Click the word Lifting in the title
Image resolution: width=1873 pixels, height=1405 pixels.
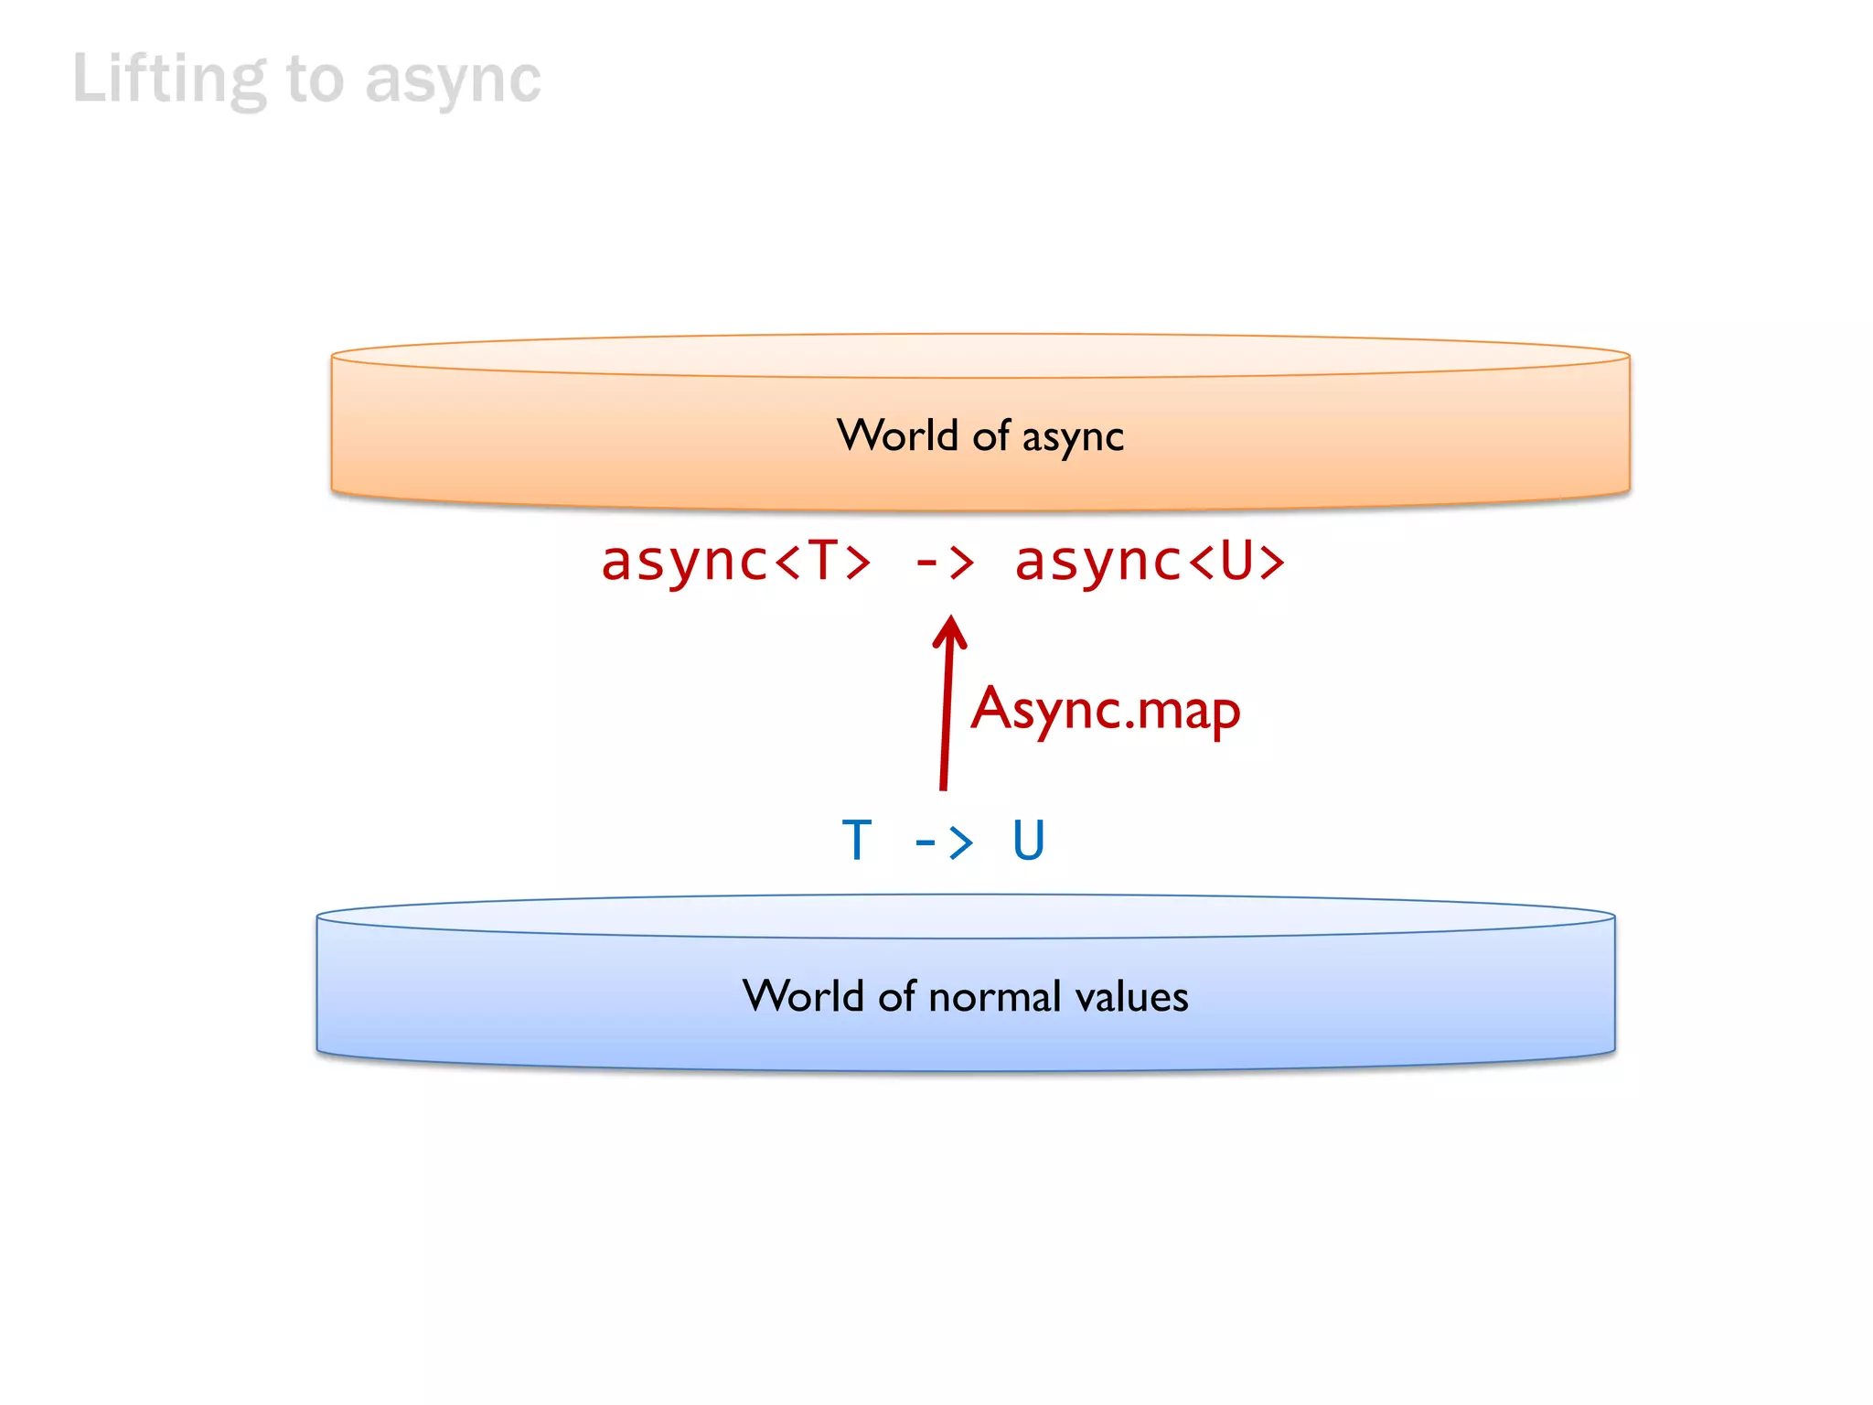click(x=169, y=80)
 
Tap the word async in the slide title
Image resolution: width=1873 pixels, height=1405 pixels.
click(x=453, y=81)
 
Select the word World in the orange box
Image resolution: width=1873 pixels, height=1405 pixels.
click(x=896, y=435)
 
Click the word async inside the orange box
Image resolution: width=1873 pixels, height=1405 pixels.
click(x=1073, y=437)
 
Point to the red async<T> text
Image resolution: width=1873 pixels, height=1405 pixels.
click(x=735, y=561)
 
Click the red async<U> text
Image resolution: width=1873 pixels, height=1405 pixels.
click(x=1150, y=561)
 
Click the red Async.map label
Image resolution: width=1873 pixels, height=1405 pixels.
click(x=1106, y=710)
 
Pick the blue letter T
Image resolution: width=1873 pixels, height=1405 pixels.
click(x=857, y=841)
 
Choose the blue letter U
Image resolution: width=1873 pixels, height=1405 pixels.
click(x=1028, y=841)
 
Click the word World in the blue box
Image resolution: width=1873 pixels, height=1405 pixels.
click(x=802, y=996)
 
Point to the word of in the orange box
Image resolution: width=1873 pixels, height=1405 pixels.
click(x=990, y=435)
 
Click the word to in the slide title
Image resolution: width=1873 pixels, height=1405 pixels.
click(x=316, y=80)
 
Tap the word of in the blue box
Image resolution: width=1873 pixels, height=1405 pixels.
click(x=896, y=996)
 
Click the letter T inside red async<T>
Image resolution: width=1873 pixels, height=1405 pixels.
click(x=823, y=561)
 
